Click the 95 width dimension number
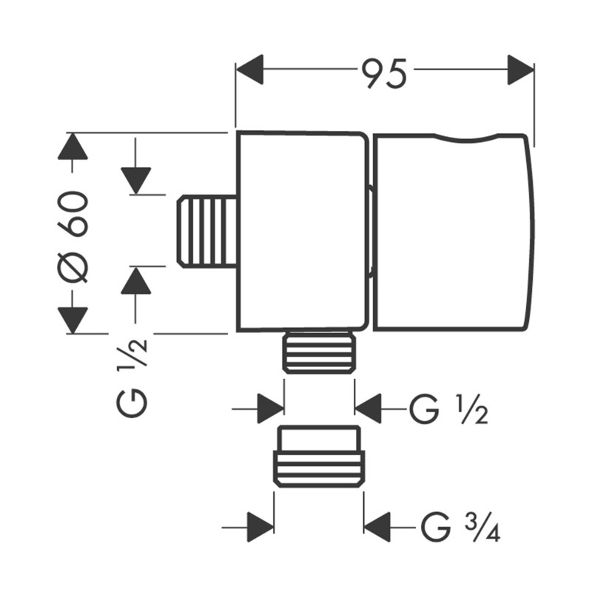pos(383,73)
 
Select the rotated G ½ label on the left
pos(133,377)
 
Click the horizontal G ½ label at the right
pos(448,409)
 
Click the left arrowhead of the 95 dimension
pos(249,70)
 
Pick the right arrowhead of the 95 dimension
pos(521,70)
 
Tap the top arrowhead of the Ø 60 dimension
pos(73,147)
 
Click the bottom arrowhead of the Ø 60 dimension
pos(73,320)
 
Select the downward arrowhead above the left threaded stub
pos(136,181)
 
